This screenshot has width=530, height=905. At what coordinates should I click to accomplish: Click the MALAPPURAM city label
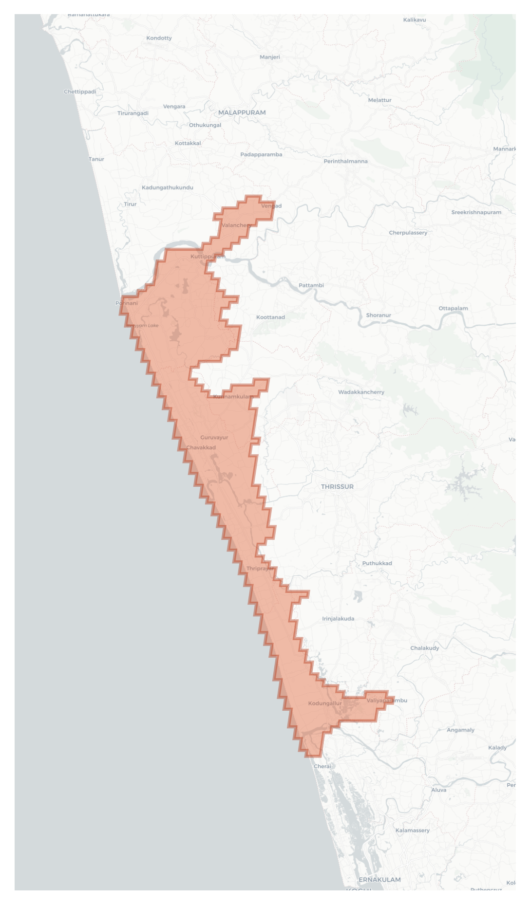(x=242, y=112)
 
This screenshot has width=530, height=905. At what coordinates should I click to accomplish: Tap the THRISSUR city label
(x=337, y=486)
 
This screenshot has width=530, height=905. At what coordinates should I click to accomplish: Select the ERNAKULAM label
(x=379, y=879)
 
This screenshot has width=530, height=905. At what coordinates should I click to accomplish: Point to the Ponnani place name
(x=127, y=303)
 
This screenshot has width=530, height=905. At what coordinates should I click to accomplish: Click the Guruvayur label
(x=214, y=437)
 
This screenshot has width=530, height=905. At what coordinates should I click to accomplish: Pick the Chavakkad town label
(x=201, y=447)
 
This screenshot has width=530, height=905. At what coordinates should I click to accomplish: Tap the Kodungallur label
(x=325, y=703)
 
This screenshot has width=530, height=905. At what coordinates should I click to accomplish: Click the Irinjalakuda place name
(x=338, y=619)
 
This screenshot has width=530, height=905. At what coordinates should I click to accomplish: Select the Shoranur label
(x=379, y=315)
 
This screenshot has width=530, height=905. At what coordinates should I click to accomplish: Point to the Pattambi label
(x=311, y=285)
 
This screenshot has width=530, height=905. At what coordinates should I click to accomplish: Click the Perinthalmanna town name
(x=345, y=161)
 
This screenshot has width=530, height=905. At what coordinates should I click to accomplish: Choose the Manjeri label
(x=270, y=57)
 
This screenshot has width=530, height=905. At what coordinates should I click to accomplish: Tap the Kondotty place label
(x=159, y=38)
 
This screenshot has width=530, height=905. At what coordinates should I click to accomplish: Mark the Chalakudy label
(x=424, y=648)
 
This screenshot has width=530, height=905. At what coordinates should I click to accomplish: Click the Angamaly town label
(x=460, y=730)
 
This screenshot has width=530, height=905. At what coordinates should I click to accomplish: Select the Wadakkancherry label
(x=361, y=392)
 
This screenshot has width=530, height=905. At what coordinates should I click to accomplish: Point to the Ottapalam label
(x=453, y=308)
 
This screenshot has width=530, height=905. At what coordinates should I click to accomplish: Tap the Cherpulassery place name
(x=408, y=233)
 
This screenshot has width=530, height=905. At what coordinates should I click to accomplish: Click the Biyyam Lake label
(x=143, y=325)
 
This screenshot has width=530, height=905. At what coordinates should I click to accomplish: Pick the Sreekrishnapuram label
(x=476, y=212)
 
